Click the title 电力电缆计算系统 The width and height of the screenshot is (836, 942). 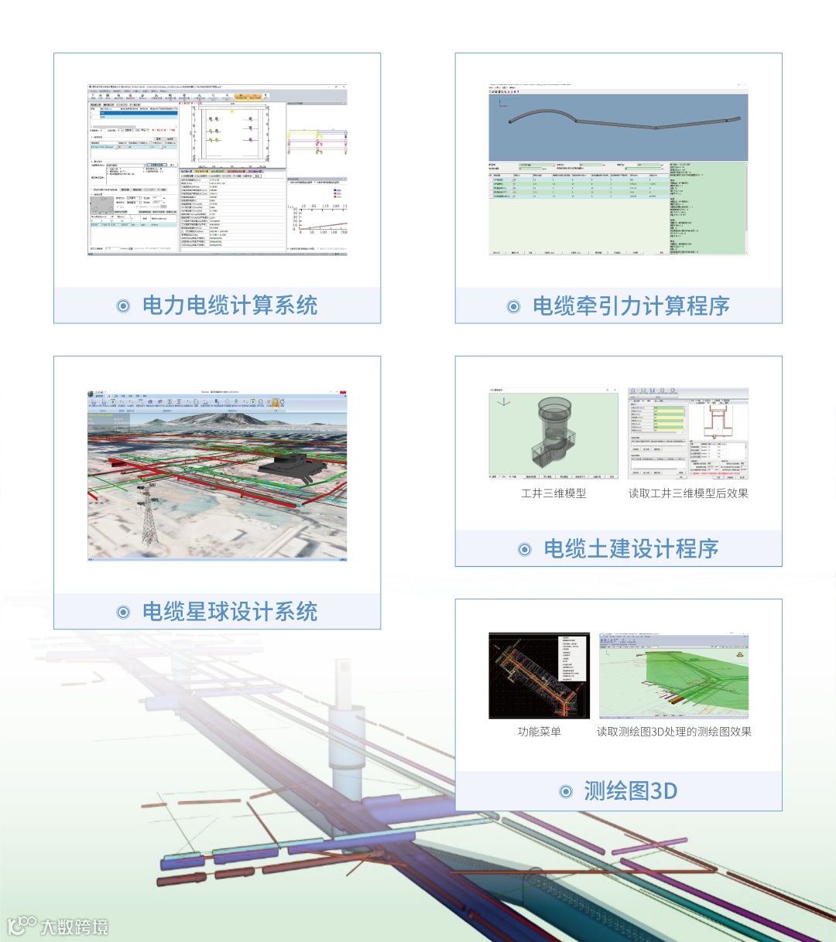pyautogui.click(x=229, y=305)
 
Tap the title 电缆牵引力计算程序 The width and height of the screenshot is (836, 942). pyautogui.click(x=631, y=306)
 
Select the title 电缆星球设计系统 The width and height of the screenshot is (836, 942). pyautogui.click(x=229, y=612)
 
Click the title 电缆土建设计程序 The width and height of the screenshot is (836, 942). pyautogui.click(x=631, y=549)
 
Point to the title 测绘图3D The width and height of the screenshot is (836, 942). pyautogui.click(x=631, y=791)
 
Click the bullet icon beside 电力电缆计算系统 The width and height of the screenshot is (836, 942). pyautogui.click(x=123, y=306)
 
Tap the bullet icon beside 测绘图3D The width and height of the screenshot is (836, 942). pyautogui.click(x=566, y=792)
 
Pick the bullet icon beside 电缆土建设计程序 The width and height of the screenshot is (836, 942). pyautogui.click(x=525, y=550)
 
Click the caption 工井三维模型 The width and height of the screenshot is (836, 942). pyautogui.click(x=553, y=493)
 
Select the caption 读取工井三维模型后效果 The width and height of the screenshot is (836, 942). pyautogui.click(x=688, y=493)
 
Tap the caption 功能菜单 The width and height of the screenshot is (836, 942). pyautogui.click(x=540, y=732)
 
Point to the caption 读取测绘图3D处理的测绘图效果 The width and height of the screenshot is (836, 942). pyautogui.click(x=673, y=732)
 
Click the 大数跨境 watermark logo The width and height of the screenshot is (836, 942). pyautogui.click(x=58, y=925)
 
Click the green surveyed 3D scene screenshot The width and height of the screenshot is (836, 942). pyautogui.click(x=673, y=676)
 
